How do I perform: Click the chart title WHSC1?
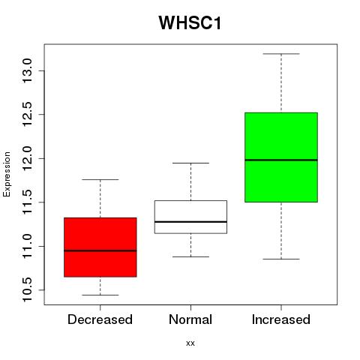(190, 22)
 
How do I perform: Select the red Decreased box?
(100, 247)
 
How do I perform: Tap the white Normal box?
(190, 217)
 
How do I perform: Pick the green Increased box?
(281, 157)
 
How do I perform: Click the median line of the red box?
(100, 250)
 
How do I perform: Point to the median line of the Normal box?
(190, 222)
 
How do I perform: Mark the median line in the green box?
(281, 160)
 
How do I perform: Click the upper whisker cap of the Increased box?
(281, 54)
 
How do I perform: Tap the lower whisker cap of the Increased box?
(281, 259)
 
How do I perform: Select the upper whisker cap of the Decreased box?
(100, 179)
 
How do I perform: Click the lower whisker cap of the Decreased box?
(100, 295)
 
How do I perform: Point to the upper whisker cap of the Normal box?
(190, 163)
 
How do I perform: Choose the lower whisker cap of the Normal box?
(190, 256)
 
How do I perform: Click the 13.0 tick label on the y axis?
(27, 70)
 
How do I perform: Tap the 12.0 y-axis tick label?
(27, 158)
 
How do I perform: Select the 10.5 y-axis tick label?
(27, 290)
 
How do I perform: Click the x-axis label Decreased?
(100, 319)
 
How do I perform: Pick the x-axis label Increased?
(281, 319)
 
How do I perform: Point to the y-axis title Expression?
(7, 174)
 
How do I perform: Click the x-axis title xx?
(190, 343)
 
